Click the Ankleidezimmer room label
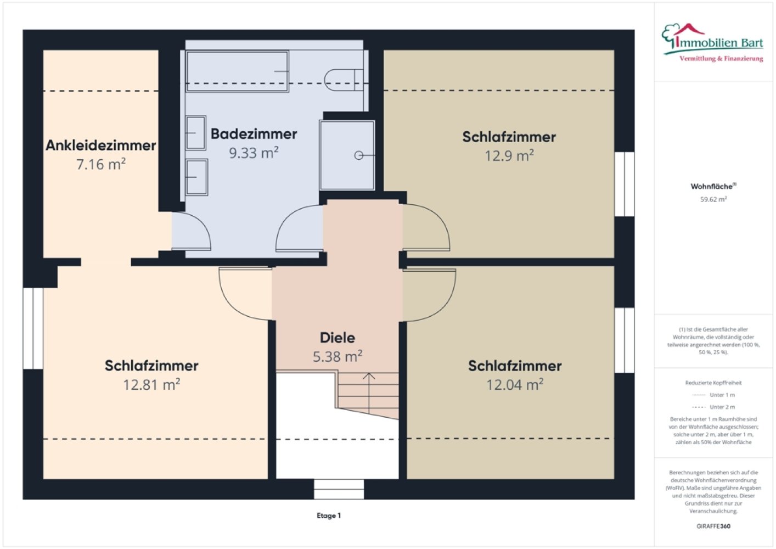101,145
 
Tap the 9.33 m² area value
254,153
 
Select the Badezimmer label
254,134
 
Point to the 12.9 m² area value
509,155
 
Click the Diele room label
337,338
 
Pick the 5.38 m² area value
338,356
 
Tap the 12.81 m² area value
151,384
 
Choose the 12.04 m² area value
515,384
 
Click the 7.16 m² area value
101,164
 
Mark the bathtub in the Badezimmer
237,71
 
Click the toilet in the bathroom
344,80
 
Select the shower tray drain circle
358,155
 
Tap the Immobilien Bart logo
712,43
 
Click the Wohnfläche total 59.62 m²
713,199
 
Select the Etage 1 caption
329,516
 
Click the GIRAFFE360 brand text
713,526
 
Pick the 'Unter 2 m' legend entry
713,407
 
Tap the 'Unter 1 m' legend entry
713,395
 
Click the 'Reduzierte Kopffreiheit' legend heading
713,383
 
